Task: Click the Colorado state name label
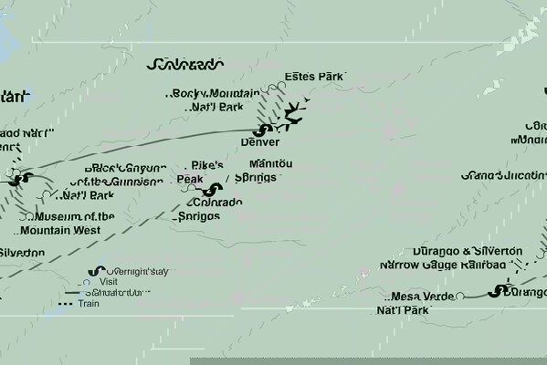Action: [x=184, y=65]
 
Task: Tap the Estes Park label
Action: [x=313, y=77]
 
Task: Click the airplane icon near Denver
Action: [x=293, y=114]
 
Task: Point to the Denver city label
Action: [x=261, y=142]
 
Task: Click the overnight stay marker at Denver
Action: [x=265, y=130]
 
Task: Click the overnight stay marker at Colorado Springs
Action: [x=214, y=190]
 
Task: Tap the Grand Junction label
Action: [x=503, y=174]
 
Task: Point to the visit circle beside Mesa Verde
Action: [x=460, y=296]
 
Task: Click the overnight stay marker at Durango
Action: [x=499, y=292]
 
